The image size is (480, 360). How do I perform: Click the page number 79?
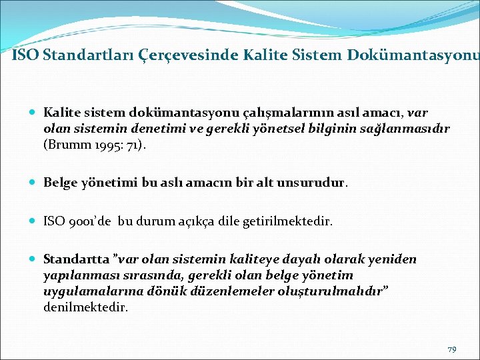tap(451, 349)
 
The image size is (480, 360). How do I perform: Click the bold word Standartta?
tap(73, 259)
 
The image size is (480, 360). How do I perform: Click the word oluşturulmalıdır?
tap(335, 292)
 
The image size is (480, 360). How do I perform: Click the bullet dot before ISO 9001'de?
tap(33, 220)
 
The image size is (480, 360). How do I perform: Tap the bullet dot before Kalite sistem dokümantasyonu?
tap(33, 113)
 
